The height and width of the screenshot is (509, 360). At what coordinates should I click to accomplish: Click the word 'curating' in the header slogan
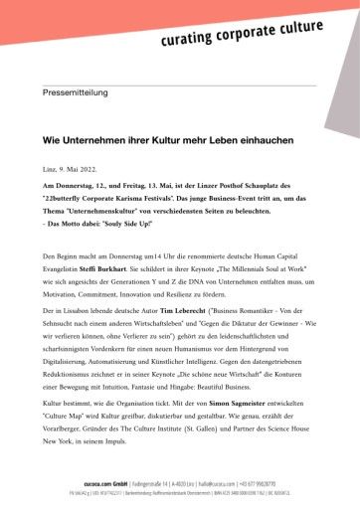click(191, 40)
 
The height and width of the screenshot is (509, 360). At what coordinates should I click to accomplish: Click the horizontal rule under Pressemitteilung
click(179, 107)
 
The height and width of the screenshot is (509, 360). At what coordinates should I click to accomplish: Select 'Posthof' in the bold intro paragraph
click(212, 188)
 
